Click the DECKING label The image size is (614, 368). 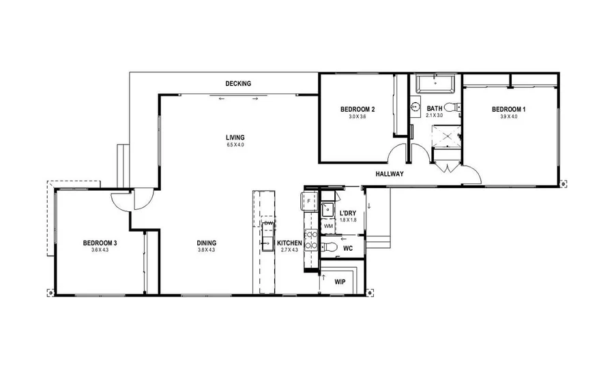[238, 84]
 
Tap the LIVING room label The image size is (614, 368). [235, 138]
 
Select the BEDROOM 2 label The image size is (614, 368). [357, 110]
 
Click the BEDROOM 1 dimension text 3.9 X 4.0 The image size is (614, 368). [508, 117]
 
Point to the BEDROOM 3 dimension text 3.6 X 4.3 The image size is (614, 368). [100, 250]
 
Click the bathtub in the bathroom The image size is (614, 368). [435, 85]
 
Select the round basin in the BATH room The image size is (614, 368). [415, 107]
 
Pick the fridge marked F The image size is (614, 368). [308, 201]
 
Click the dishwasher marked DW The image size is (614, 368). [268, 224]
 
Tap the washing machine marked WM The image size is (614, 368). [328, 226]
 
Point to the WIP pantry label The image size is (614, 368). [339, 281]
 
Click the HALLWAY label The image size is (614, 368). [390, 174]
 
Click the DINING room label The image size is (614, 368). [207, 243]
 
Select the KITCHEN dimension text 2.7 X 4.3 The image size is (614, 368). [289, 250]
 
